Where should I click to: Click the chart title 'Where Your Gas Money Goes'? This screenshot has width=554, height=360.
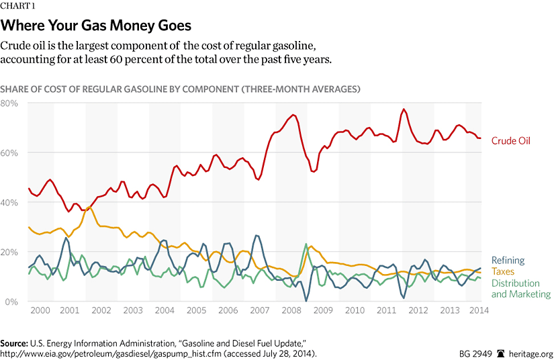tap(96, 26)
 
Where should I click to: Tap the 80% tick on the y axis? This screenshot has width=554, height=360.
tap(9, 103)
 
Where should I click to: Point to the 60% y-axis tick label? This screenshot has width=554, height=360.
tap(9, 152)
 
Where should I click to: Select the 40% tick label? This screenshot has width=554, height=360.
tap(9, 202)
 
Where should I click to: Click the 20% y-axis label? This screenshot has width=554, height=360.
tap(9, 252)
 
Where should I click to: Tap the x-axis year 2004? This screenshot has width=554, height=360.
tap(165, 311)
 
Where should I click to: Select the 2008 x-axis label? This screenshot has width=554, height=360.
tap(291, 311)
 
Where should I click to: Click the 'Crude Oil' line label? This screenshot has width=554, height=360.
tap(510, 141)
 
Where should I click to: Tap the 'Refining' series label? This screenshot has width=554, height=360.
tap(508, 261)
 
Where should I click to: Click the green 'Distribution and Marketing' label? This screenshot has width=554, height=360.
tap(520, 289)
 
